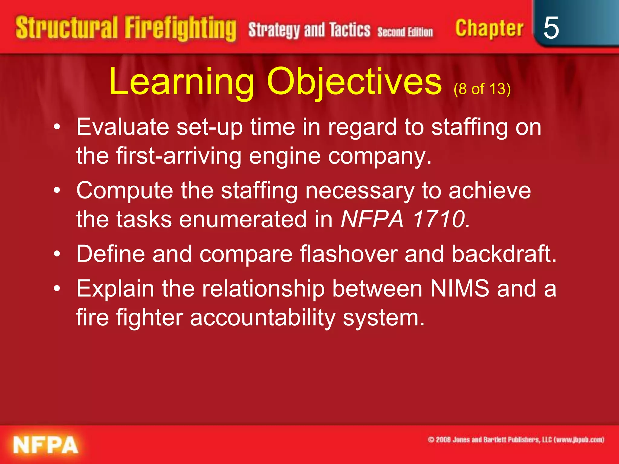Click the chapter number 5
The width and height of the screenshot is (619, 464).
tap(551, 28)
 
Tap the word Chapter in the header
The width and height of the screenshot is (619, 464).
tap(489, 28)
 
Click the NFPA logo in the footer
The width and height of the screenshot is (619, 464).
tap(46, 445)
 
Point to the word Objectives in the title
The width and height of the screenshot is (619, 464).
tap(354, 82)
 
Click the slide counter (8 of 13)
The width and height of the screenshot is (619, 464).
tap(482, 89)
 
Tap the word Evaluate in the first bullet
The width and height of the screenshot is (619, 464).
tap(122, 127)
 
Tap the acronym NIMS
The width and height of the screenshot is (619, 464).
tap(459, 288)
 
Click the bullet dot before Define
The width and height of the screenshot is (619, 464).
tap(57, 254)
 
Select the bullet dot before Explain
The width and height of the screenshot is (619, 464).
tap(57, 289)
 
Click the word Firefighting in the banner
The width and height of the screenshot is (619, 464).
tap(180, 28)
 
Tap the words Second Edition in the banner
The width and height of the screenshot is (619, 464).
tap(405, 32)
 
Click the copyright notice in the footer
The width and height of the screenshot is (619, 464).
tap(516, 440)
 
